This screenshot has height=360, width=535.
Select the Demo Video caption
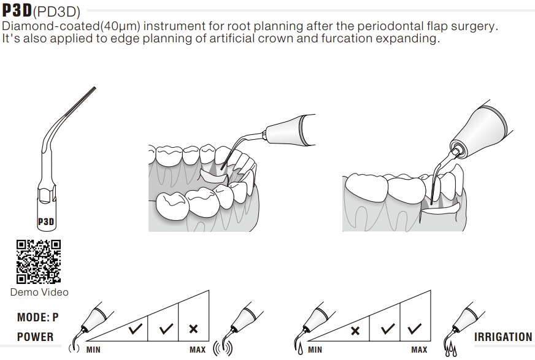click(39, 292)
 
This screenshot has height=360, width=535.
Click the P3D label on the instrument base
click(46, 221)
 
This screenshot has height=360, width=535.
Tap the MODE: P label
click(37, 317)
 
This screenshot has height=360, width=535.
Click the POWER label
click(35, 337)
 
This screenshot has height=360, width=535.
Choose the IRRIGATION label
click(503, 337)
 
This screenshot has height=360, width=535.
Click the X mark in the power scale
click(193, 329)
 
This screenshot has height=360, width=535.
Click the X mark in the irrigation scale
click(355, 331)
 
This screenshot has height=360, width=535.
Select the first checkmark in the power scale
click(137, 329)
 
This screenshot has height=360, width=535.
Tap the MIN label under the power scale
click(94, 350)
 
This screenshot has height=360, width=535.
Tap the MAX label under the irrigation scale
click(419, 350)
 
